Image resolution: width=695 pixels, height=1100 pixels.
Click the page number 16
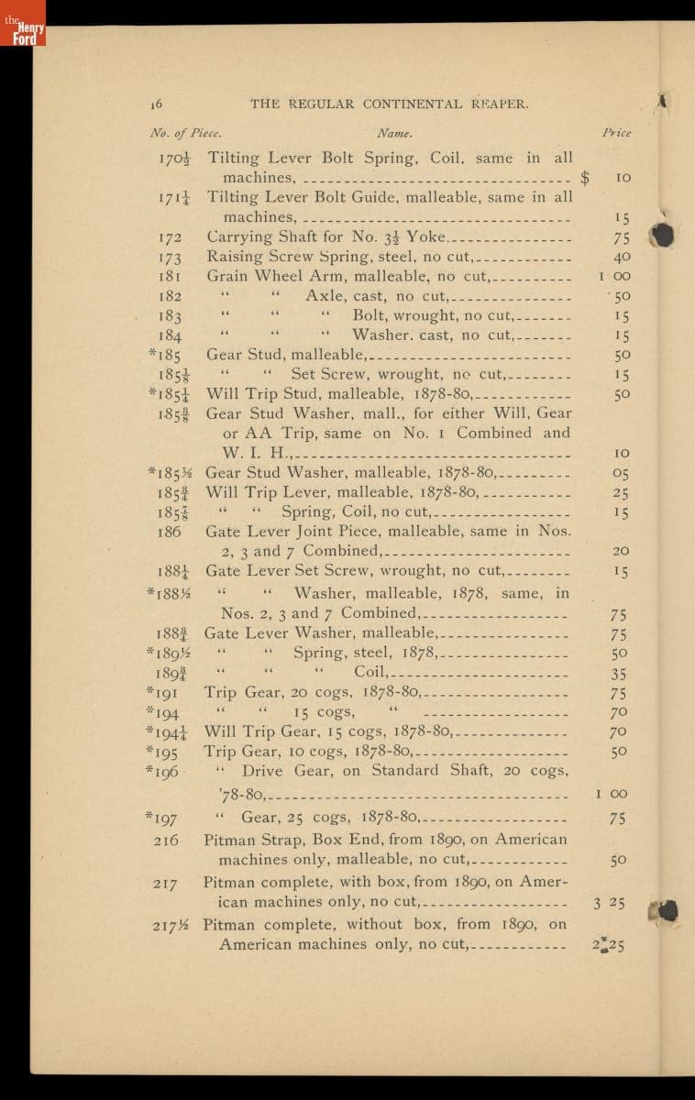156,104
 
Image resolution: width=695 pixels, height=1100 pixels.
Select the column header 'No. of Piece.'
185,133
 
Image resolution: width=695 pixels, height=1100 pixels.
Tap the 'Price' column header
616,133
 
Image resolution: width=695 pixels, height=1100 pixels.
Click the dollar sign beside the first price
586,178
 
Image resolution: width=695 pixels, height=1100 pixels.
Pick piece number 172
170,237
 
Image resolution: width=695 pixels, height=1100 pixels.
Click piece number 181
170,276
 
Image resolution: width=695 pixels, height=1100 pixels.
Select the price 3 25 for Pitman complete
609,903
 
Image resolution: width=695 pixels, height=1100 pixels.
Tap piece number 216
166,840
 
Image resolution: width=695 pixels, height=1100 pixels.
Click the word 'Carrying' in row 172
238,236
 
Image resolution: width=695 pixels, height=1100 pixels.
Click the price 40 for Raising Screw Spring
622,257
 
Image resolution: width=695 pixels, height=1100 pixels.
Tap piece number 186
169,532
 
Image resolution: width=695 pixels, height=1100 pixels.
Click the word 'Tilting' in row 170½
235,159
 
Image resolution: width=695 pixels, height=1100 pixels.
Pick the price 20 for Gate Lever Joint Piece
621,552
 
